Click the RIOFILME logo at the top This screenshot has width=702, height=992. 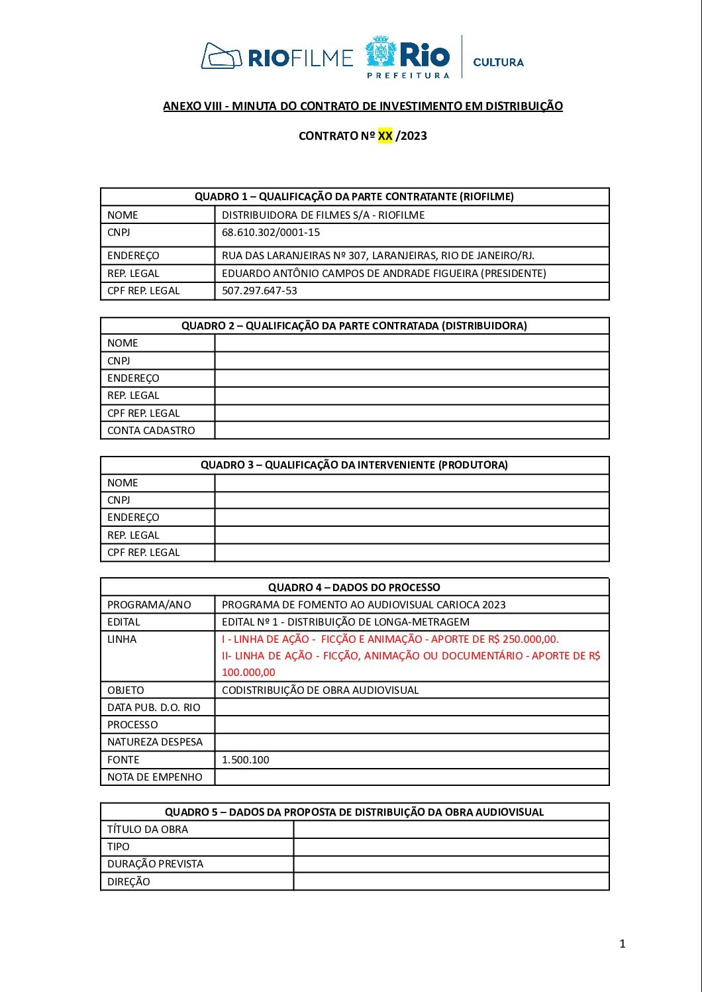point(277,56)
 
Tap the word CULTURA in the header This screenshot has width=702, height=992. point(498,62)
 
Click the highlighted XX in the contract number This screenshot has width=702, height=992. point(385,136)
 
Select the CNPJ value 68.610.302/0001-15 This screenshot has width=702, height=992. point(271,233)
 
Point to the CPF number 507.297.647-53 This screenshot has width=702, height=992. point(260,290)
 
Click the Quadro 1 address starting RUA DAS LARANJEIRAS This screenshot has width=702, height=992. point(377,255)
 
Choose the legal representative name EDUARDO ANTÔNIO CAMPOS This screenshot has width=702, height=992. point(383,273)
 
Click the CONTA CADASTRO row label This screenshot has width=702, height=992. point(151,430)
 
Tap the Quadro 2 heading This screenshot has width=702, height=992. point(354,325)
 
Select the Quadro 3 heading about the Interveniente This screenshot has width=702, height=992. point(354,465)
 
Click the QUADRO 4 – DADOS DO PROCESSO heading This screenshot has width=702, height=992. point(354,587)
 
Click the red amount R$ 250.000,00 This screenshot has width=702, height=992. point(526,639)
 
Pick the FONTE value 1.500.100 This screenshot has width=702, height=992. point(246,759)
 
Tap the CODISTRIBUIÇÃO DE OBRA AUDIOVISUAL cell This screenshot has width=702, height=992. point(320,690)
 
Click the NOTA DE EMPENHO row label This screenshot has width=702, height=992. point(155,777)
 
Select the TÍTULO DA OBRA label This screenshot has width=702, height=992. point(148,829)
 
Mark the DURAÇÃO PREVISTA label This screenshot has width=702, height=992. point(155,863)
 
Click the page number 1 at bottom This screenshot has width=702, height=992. point(622,944)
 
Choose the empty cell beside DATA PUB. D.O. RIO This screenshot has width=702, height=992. point(411,707)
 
